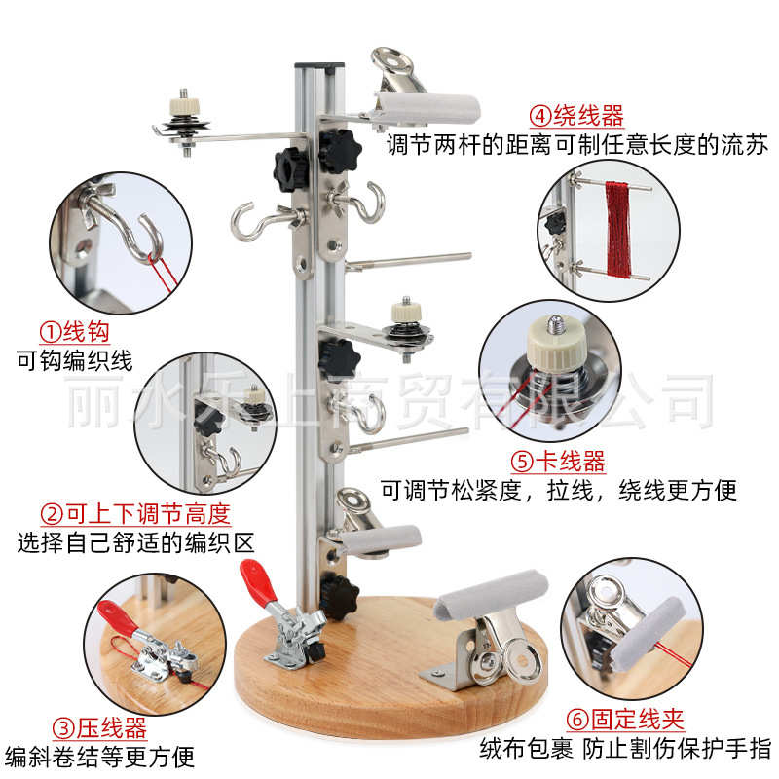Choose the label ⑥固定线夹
[624, 720]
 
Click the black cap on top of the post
[318, 66]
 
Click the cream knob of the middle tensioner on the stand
[401, 313]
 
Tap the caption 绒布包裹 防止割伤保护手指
[624, 749]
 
